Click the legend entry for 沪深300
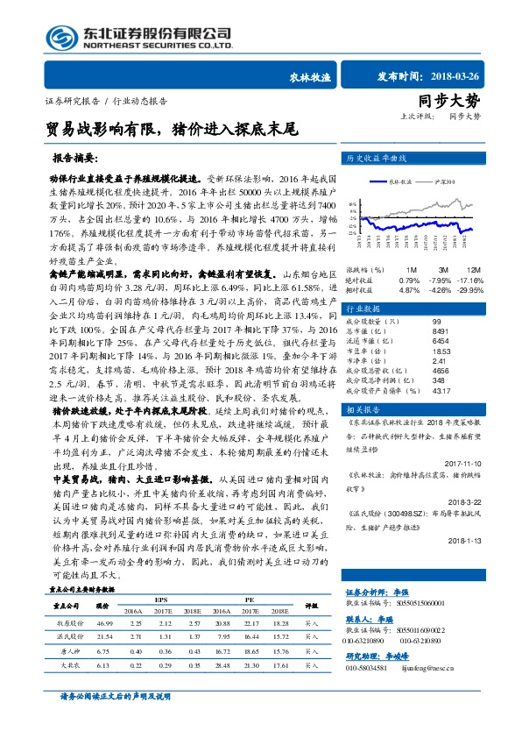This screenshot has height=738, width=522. coord(444,182)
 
